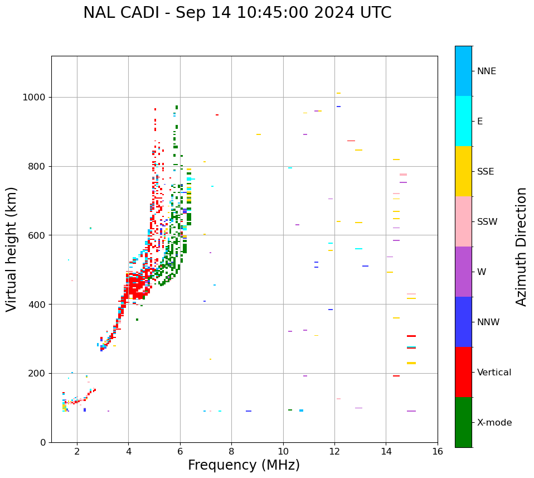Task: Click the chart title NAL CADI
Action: click(x=237, y=13)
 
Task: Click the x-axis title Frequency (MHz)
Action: click(x=244, y=465)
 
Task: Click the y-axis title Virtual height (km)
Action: click(x=12, y=249)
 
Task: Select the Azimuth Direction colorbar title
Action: click(x=521, y=247)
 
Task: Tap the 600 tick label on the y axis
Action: click(x=37, y=235)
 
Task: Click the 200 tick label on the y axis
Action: click(x=37, y=373)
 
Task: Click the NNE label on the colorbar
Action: click(x=487, y=71)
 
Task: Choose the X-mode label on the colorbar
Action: click(x=494, y=423)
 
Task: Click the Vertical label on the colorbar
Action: click(x=494, y=373)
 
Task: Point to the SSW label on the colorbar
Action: click(x=487, y=222)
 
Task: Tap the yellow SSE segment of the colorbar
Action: click(x=463, y=171)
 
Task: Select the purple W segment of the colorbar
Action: click(x=463, y=272)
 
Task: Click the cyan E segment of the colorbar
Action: click(x=463, y=121)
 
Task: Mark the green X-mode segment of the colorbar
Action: click(x=463, y=422)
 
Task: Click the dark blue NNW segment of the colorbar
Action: click(x=463, y=322)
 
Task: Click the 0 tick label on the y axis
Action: click(x=42, y=442)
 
